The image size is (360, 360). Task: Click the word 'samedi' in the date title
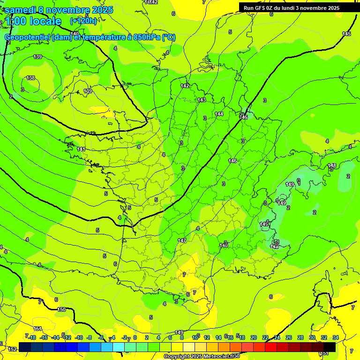click(20, 10)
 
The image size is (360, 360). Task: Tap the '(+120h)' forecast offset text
click(83, 21)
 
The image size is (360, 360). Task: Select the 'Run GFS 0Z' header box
click(291, 7)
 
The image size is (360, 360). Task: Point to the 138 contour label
click(30, 78)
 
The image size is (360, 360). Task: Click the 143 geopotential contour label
click(202, 100)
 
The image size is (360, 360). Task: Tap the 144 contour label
click(219, 114)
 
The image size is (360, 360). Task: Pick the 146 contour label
click(232, 161)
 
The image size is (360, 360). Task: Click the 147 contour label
click(182, 240)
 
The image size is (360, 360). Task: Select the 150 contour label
click(61, 309)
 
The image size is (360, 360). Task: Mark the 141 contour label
click(81, 149)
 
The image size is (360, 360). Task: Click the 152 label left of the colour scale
click(12, 349)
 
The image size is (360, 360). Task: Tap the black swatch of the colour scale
click(330, 346)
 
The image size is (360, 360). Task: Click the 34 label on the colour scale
click(336, 337)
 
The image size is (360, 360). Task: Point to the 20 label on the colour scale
click(254, 337)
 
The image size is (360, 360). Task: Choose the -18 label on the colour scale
click(32, 337)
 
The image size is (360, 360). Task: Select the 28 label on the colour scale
click(300, 337)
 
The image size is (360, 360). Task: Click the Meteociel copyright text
click(202, 357)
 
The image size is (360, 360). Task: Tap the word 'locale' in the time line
click(45, 21)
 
